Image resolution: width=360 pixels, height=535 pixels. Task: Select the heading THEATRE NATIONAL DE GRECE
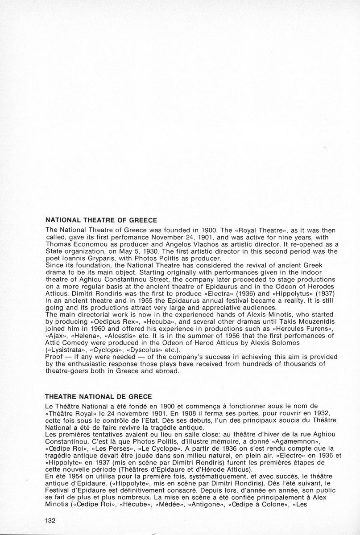click(x=99, y=396)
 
